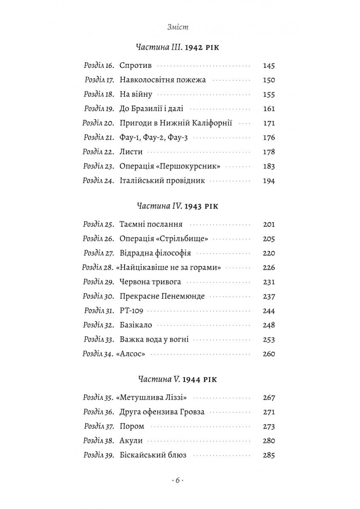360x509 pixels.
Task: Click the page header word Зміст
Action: (178, 27)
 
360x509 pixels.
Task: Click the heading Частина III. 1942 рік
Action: (177, 47)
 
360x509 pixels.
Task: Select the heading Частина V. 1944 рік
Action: (177, 379)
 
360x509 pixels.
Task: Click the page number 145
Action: (269, 66)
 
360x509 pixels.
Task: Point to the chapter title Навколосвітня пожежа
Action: (162, 80)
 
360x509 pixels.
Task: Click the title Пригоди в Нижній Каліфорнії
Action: (176, 123)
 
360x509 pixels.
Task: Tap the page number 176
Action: (269, 137)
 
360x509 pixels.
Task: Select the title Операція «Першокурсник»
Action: (170, 166)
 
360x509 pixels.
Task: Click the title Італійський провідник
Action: (162, 181)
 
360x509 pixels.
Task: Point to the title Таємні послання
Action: (151, 224)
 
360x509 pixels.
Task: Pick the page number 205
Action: (269, 239)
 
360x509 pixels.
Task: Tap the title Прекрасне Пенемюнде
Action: (162, 296)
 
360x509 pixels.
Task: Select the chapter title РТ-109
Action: (131, 311)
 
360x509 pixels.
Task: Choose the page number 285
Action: (269, 456)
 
